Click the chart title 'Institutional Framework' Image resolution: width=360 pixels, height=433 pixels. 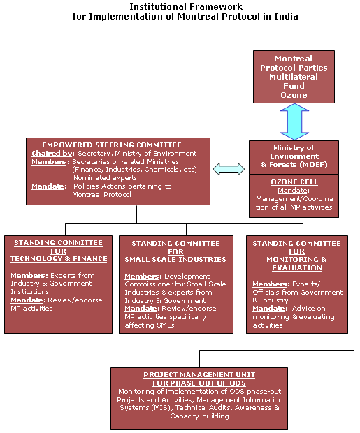coord(186,6)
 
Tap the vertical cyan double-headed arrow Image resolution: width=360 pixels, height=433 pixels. coord(294,122)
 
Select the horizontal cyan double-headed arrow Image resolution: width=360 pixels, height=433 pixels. coord(229,169)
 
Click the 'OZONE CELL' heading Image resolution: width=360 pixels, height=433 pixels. coord(294,182)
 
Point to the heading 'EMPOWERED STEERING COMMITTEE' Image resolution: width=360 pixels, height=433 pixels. coord(112,145)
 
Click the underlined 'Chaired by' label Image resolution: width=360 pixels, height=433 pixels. coord(52,153)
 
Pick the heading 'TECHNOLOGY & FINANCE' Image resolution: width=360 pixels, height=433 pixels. coord(59,259)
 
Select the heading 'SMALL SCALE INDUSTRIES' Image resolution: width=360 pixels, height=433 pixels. coord(175,260)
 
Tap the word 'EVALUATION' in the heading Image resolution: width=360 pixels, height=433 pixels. coord(297,268)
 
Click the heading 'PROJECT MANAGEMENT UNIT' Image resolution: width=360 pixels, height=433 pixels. coord(199,375)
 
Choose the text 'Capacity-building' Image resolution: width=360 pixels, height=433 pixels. coord(199,416)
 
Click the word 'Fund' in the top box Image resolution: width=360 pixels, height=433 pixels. coord(294,86)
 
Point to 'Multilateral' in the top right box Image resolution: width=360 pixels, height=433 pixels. coord(294,77)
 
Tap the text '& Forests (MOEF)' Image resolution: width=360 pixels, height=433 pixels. coord(294,165)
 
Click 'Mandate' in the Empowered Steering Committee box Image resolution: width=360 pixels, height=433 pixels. coord(48,186)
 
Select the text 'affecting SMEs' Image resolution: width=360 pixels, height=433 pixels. coord(150,325)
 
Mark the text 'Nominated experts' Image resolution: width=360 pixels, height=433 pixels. coord(105,178)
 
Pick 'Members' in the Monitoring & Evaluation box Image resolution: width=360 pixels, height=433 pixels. coord(270,284)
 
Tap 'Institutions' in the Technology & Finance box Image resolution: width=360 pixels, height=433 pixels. coord(30,292)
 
